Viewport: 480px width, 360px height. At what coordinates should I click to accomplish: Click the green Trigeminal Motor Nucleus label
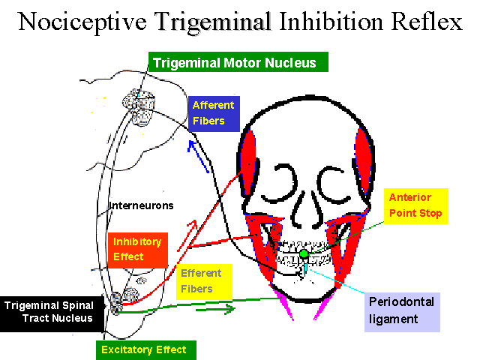pos(238,61)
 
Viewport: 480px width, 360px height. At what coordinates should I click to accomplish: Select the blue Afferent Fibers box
pos(214,114)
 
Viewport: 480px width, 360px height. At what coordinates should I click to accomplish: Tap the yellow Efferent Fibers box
pos(204,282)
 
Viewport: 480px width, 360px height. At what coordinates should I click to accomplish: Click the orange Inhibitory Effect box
pos(138,250)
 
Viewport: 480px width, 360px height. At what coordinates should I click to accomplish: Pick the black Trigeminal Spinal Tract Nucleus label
pos(52,313)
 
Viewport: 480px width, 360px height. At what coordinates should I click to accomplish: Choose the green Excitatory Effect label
pos(146,350)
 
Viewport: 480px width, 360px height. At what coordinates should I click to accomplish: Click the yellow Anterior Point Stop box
pos(416,206)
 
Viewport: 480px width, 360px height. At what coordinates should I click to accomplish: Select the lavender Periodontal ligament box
pos(402,312)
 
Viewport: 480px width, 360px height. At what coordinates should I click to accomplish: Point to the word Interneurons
pos(142,205)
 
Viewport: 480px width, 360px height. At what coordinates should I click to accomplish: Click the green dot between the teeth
pos(304,253)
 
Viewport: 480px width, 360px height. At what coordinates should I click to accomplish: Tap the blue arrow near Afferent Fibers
pos(198,157)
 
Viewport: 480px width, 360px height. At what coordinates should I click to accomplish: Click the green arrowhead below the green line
pos(226,310)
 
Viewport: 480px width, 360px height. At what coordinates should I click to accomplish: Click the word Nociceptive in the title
pos(82,22)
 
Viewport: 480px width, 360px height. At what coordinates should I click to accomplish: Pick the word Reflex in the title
pos(427,22)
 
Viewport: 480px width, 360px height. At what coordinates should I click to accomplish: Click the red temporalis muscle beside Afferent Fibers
pos(248,159)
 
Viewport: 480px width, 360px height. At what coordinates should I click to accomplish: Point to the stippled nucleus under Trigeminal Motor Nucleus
pos(139,107)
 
